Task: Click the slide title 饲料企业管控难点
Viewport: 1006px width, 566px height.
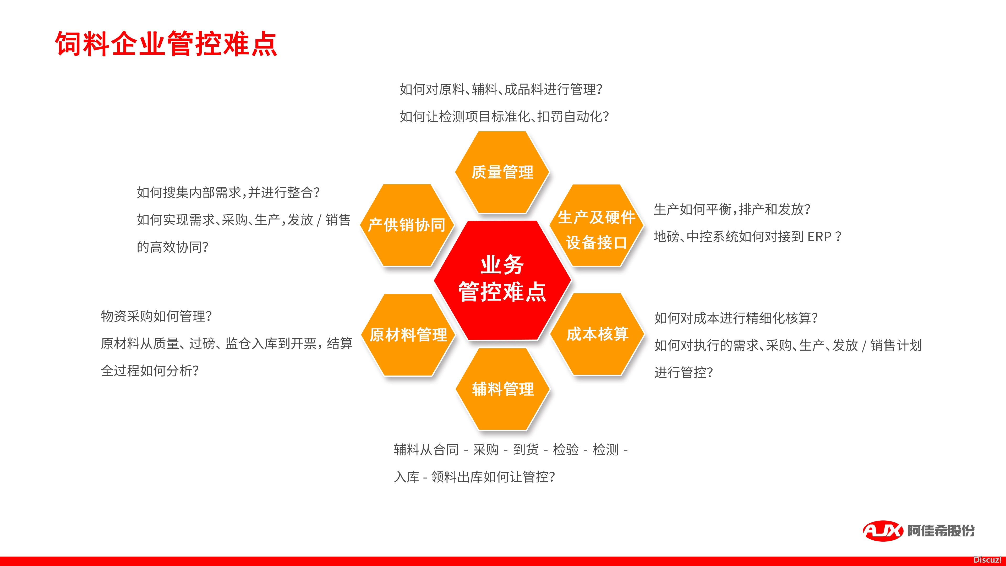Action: coord(166,44)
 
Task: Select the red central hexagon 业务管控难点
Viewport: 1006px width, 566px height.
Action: coord(503,280)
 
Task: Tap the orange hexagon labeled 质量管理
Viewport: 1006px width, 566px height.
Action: coord(502,172)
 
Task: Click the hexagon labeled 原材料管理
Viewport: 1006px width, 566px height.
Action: coord(408,335)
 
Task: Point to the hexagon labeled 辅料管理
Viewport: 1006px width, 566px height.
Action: coord(503,389)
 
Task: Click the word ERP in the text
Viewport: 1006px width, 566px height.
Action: coord(819,237)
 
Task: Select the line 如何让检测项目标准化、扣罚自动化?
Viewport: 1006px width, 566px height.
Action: coord(504,116)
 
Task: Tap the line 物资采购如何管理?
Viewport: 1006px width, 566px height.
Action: coord(156,316)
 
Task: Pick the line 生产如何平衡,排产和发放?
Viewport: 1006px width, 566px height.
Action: coord(732,209)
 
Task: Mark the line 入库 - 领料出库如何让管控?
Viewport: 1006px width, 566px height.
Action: coord(474,477)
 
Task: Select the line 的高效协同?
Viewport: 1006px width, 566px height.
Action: coord(172,247)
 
